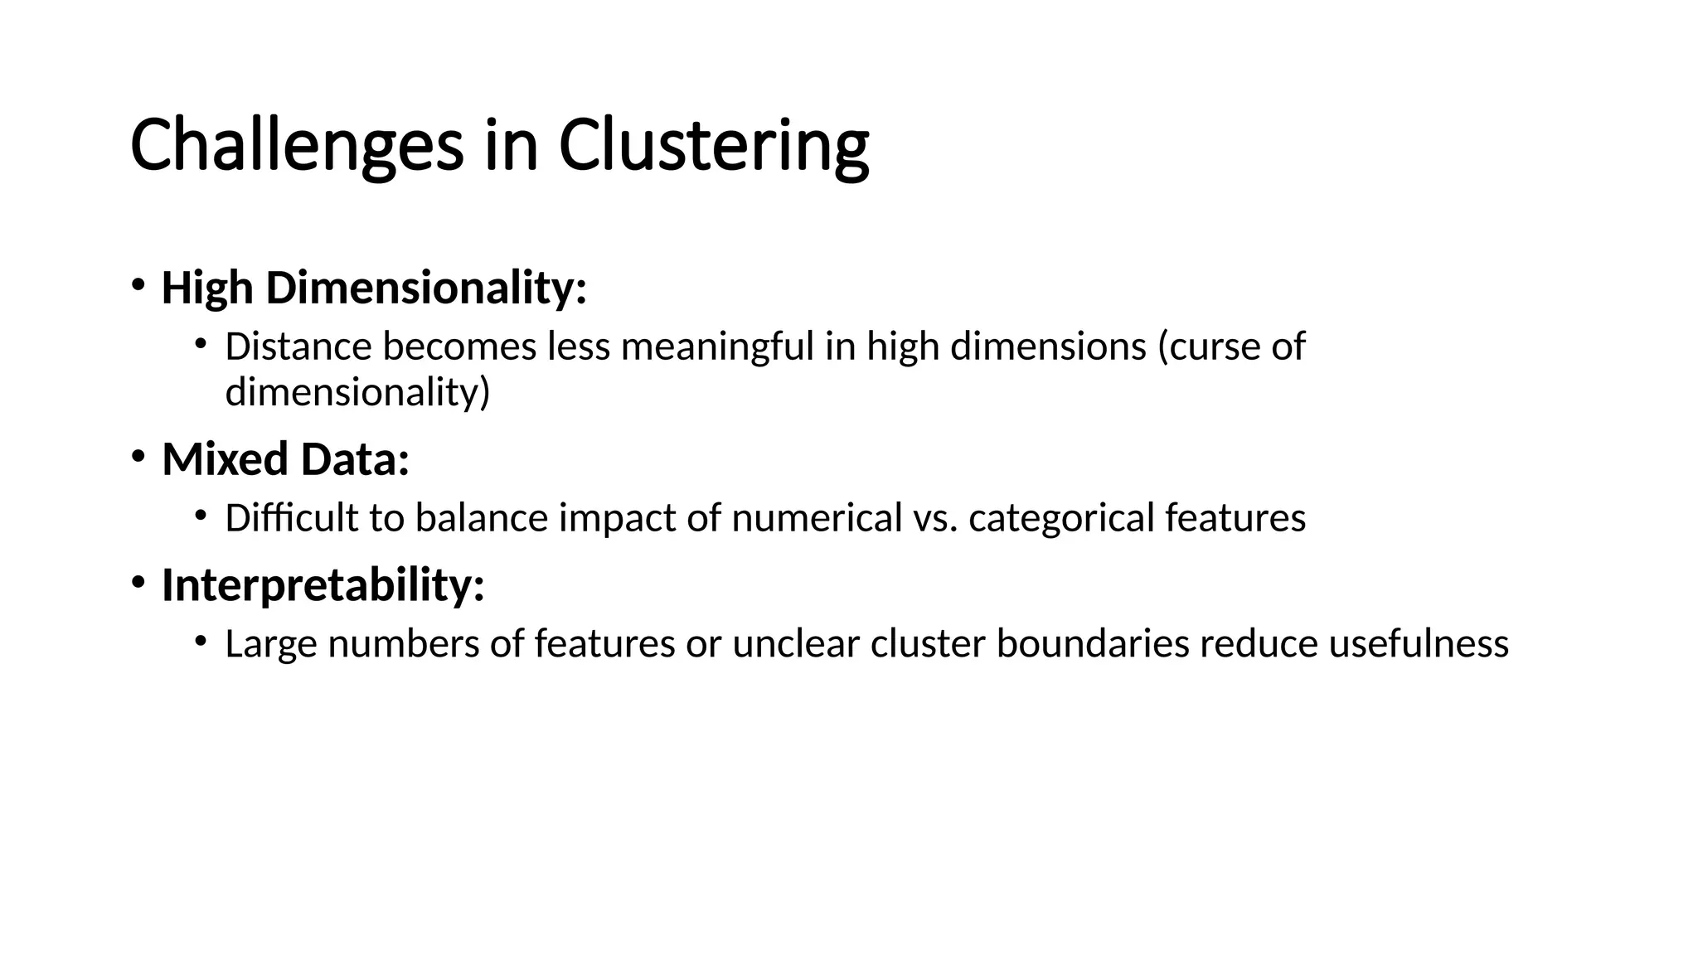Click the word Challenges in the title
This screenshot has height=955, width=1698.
(296, 146)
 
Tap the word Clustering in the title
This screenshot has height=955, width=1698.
(714, 146)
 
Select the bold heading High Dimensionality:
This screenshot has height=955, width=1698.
(374, 288)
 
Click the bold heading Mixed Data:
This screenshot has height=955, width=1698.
(285, 459)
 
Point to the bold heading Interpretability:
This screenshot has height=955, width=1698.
(323, 585)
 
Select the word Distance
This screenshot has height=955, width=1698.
(298, 347)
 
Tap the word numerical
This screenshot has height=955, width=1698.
(816, 518)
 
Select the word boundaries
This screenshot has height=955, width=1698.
(1093, 644)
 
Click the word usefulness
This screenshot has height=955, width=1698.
(1419, 644)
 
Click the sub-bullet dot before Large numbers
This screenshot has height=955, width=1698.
(200, 640)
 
